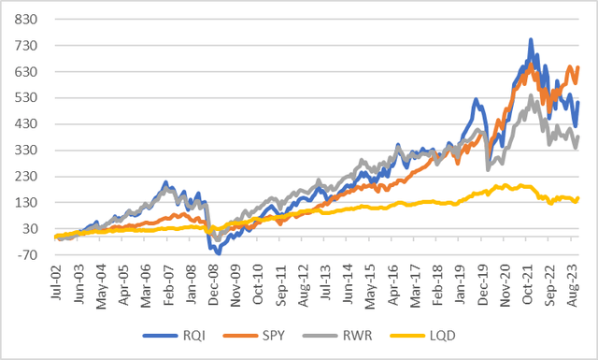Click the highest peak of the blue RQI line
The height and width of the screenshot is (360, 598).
click(531, 40)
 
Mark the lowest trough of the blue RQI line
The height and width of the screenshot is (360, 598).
click(218, 252)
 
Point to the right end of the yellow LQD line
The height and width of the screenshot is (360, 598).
click(579, 197)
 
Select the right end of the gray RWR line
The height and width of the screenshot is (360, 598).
click(579, 137)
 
